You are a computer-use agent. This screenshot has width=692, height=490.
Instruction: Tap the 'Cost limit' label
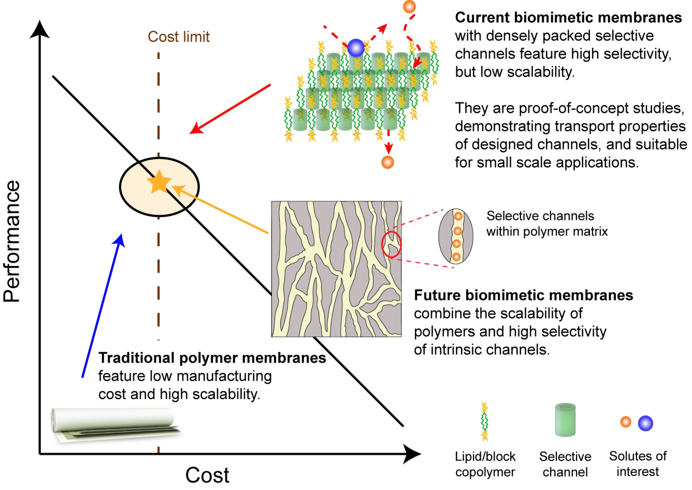pos(178,37)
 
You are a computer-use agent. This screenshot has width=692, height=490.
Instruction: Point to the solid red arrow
pos(230,109)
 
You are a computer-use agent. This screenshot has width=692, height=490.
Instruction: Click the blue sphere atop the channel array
pos(356,48)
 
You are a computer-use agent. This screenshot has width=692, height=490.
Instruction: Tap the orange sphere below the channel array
pos(387,162)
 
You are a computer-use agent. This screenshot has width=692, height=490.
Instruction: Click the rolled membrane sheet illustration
pos(115,424)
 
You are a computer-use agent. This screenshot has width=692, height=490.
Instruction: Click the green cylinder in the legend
pos(565,420)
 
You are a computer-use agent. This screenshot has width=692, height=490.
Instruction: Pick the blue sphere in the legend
pos(645,423)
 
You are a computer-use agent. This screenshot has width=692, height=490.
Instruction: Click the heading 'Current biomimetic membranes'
pos(568,18)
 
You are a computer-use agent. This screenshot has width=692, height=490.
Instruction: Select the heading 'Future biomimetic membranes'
pos(523,295)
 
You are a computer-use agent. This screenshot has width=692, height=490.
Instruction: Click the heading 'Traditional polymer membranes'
pos(212,358)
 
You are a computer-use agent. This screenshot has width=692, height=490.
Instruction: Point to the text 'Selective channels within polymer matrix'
pos(547,224)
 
